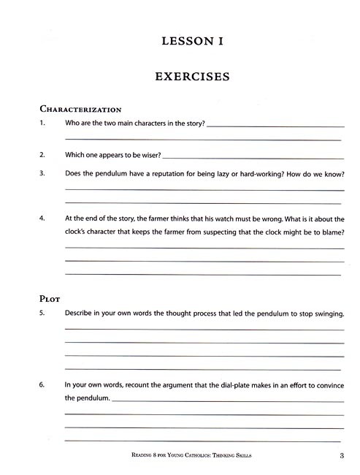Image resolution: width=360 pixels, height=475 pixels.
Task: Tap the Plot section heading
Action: pyautogui.click(x=49, y=298)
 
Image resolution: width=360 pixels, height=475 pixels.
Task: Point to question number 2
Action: pyautogui.click(x=42, y=155)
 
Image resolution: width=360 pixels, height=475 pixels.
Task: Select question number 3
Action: pyautogui.click(x=42, y=174)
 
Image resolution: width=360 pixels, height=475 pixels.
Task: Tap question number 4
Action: pyautogui.click(x=42, y=218)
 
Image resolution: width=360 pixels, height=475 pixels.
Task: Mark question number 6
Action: pyautogui.click(x=42, y=384)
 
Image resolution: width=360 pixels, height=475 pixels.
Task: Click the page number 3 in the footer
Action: pyautogui.click(x=341, y=457)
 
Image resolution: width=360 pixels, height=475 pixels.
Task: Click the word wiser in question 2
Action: pyautogui.click(x=148, y=155)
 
